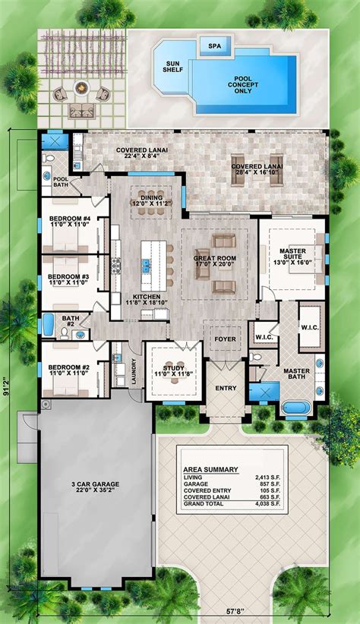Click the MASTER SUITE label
click(292, 256)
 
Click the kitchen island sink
click(146, 265)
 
